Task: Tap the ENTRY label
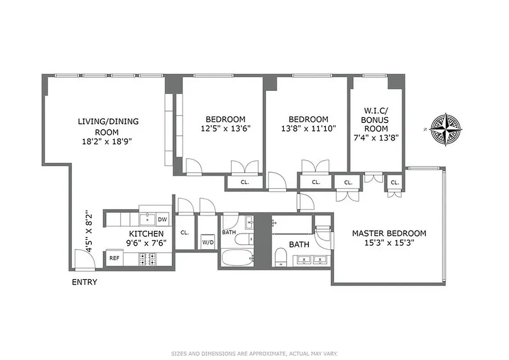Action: point(84,282)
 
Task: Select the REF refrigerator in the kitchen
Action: point(114,258)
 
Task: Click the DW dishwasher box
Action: point(162,220)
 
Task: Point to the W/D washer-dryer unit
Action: point(208,241)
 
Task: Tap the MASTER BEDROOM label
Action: point(389,233)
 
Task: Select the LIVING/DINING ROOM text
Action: point(108,126)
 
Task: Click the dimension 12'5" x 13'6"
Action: point(225,128)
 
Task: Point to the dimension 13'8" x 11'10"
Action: point(308,128)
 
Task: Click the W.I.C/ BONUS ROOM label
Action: point(376,119)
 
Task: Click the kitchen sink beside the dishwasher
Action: point(147,219)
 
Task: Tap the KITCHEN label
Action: point(146,234)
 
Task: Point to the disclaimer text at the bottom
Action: point(254,354)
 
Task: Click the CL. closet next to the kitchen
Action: point(184,233)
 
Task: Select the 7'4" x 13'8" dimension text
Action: point(376,137)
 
